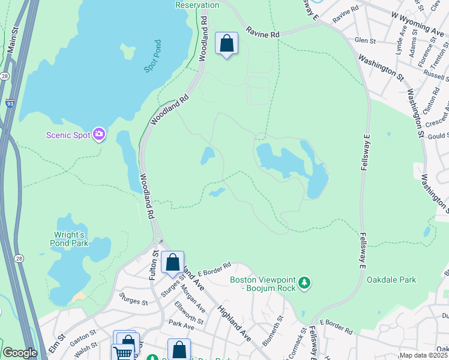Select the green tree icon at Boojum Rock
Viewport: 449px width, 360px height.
(x=304, y=282)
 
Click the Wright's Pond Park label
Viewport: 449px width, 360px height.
(x=70, y=239)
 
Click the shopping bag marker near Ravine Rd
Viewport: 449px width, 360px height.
(x=226, y=43)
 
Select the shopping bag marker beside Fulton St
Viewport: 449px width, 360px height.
(x=173, y=262)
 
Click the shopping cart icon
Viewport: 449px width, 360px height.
(x=123, y=352)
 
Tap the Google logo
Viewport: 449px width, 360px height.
(x=20, y=353)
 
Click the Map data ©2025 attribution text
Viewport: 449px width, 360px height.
(x=423, y=355)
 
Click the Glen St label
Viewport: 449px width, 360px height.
(x=365, y=41)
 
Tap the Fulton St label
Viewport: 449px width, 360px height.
(x=154, y=263)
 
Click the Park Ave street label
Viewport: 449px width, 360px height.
(x=181, y=324)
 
